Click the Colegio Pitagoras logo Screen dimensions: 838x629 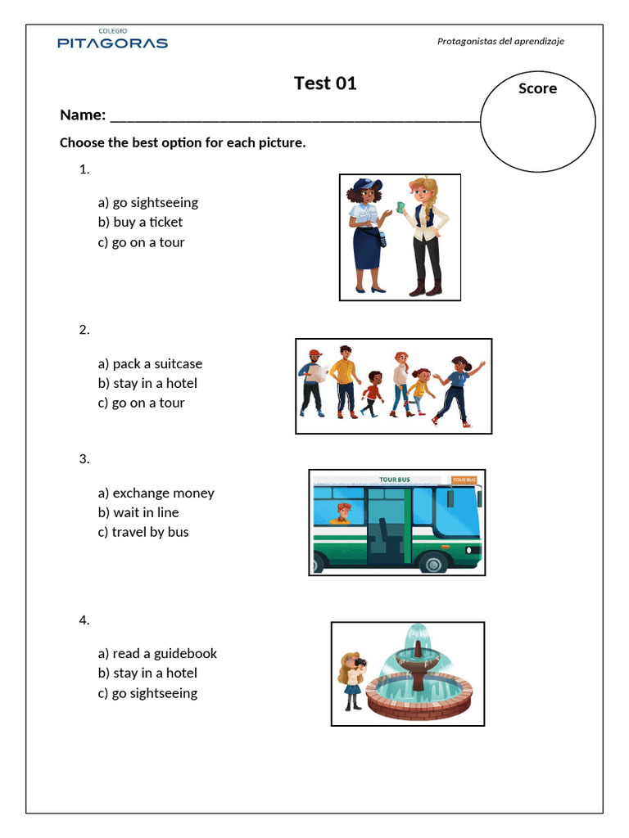coord(112,40)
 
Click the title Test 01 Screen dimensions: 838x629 coord(325,83)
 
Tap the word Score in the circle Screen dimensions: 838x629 coord(537,88)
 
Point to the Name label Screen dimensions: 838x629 coord(83,115)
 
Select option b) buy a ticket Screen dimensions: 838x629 coord(140,222)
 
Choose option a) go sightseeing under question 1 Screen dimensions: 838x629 coord(147,202)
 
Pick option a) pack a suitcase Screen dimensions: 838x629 coord(150,363)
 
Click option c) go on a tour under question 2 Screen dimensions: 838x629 coord(141,403)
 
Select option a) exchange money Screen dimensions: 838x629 coord(156,493)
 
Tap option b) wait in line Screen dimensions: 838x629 coord(138,512)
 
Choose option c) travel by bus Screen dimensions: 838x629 coord(143,532)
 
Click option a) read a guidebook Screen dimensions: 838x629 coord(157,653)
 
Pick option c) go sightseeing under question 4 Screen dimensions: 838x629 coord(147,693)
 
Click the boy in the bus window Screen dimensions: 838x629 coord(341,513)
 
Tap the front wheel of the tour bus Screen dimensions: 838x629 coord(432,562)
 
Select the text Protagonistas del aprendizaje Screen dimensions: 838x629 coord(500,41)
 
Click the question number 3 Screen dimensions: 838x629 coord(84,459)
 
